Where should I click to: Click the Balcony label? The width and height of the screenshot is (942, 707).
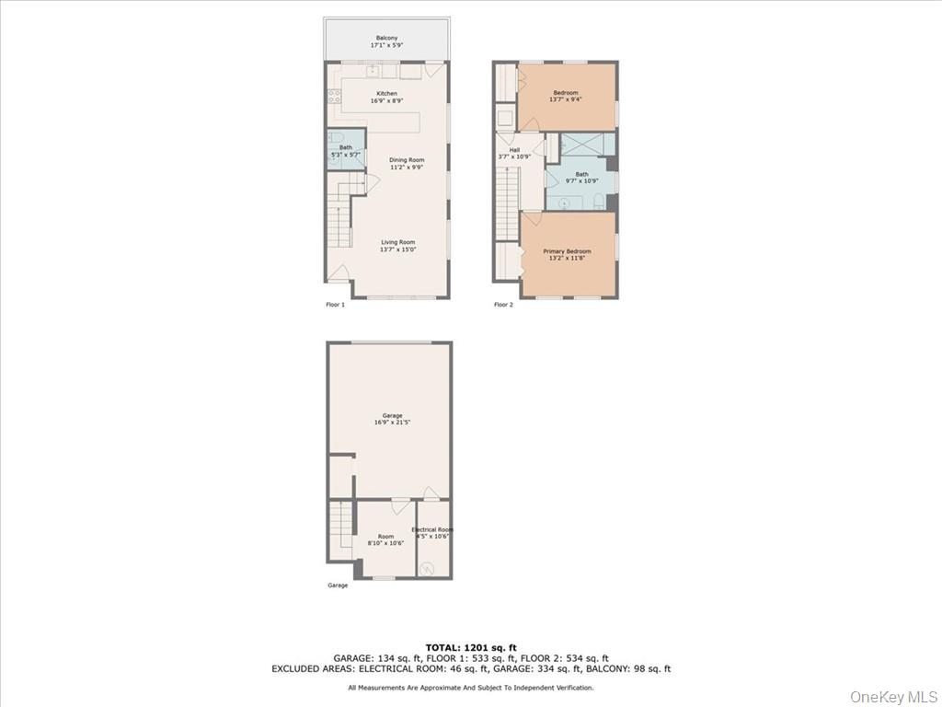[386, 41]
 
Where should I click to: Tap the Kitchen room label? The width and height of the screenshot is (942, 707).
[386, 97]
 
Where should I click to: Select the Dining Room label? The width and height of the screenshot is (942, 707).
[406, 164]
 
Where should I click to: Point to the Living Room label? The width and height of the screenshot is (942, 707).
[398, 246]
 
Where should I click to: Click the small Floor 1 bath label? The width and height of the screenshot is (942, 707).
[345, 151]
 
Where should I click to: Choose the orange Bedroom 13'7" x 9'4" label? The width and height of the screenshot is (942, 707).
[565, 96]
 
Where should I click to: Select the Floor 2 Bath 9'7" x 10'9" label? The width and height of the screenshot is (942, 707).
[581, 177]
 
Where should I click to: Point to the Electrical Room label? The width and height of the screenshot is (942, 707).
[432, 533]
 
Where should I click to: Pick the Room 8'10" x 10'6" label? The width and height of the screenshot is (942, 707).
[385, 539]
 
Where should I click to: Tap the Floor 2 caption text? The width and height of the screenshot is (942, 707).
[503, 305]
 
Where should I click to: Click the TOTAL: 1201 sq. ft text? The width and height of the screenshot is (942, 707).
[470, 646]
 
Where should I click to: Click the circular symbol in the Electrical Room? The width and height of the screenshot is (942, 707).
[427, 569]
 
